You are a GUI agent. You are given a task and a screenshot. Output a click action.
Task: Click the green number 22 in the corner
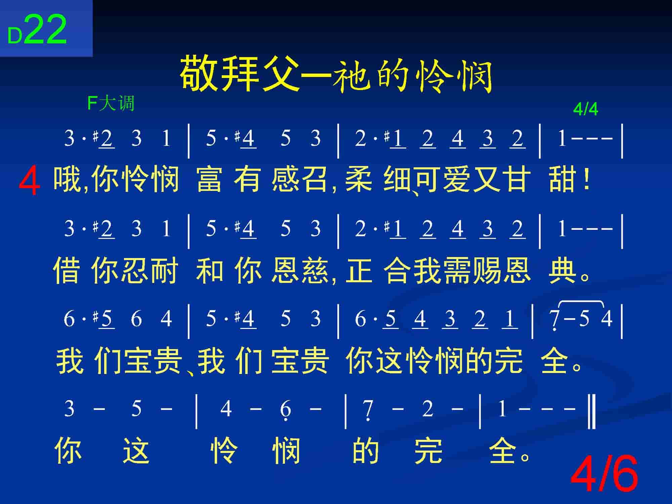(x=46, y=30)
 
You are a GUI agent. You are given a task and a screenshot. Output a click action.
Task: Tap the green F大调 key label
(x=111, y=103)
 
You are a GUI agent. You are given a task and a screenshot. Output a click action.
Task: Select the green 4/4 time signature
(x=586, y=109)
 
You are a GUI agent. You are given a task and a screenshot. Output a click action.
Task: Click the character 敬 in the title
(x=200, y=74)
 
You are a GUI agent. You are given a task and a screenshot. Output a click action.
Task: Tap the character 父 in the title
(x=280, y=74)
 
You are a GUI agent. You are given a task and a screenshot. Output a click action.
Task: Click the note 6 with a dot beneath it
(x=285, y=411)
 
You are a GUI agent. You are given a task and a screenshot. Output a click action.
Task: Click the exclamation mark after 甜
(x=586, y=180)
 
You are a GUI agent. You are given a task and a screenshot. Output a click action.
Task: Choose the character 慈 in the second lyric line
(x=316, y=270)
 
